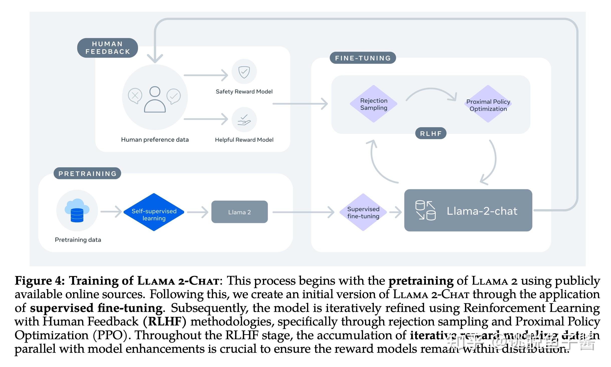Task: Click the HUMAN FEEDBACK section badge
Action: tap(107, 48)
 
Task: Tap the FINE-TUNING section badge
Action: tap(363, 58)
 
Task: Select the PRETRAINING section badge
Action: tap(87, 173)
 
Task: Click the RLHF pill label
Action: tap(430, 133)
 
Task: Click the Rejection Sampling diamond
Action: tap(373, 104)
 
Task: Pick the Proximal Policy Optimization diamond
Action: tap(488, 105)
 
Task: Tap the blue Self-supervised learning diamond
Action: tap(154, 213)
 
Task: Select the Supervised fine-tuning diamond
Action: tap(363, 212)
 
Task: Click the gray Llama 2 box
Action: tap(239, 212)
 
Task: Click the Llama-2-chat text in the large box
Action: tap(482, 211)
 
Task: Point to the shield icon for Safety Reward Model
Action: tap(244, 72)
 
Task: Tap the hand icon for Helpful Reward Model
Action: tap(244, 120)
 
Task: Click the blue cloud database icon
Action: tap(77, 210)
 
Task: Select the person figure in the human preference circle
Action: tap(155, 100)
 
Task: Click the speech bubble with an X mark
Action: tap(135, 96)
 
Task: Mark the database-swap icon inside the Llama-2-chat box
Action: tap(425, 211)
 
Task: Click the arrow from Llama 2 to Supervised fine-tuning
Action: tap(303, 212)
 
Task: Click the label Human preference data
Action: tap(155, 140)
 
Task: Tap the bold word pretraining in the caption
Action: tap(421, 281)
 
